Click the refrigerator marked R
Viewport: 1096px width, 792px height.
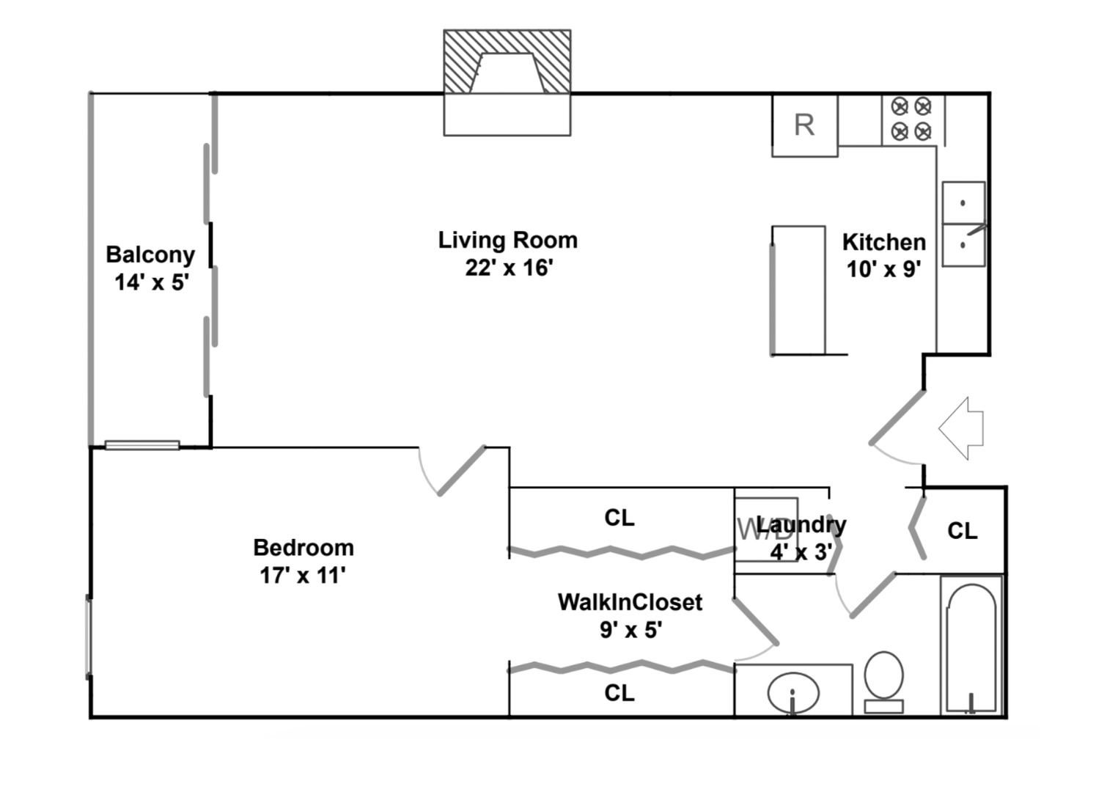pyautogui.click(x=804, y=126)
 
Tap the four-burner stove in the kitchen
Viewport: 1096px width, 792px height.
pyautogui.click(x=913, y=120)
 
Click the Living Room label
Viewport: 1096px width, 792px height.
pyautogui.click(x=508, y=241)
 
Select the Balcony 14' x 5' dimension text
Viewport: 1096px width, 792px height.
pyautogui.click(x=152, y=282)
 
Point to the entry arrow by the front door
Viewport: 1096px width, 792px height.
pyautogui.click(x=961, y=428)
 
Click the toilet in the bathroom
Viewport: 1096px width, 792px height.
pyautogui.click(x=883, y=682)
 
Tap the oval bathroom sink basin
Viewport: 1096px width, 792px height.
pyautogui.click(x=792, y=693)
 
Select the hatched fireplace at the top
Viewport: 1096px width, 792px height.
pyautogui.click(x=507, y=62)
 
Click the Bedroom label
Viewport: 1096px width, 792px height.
pyautogui.click(x=304, y=548)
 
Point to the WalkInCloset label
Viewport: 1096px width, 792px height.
pyautogui.click(x=630, y=602)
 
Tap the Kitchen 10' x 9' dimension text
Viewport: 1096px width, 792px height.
pyautogui.click(x=883, y=269)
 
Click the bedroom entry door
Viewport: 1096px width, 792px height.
pyautogui.click(x=462, y=470)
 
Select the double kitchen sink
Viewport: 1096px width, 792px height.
pyautogui.click(x=964, y=224)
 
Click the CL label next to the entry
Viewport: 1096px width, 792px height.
pyautogui.click(x=963, y=531)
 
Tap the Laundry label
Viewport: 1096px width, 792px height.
pyautogui.click(x=801, y=525)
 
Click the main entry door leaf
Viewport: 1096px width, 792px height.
pyautogui.click(x=897, y=417)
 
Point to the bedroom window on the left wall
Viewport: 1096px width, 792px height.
pyautogui.click(x=89, y=637)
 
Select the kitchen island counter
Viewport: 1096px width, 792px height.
pyautogui.click(x=798, y=290)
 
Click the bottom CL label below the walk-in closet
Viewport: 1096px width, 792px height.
pyautogui.click(x=619, y=693)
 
